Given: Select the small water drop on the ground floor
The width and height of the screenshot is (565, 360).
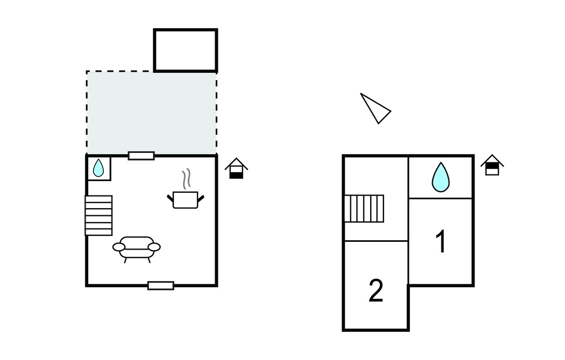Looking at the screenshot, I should point(98,168).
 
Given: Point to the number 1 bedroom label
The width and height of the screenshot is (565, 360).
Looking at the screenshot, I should point(440,242).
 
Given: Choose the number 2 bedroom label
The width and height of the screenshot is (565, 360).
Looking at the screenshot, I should point(376,290).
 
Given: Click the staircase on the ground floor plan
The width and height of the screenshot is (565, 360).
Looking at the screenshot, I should point(99,215).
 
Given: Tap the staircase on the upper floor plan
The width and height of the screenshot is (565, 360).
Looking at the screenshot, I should point(364,208).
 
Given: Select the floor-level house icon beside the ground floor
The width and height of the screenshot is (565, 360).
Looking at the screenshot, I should point(236,168).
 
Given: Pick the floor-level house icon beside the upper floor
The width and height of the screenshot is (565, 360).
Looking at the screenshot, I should point(492,165).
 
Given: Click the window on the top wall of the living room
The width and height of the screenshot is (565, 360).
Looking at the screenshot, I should point(141,156).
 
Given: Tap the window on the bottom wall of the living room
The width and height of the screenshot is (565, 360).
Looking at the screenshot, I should point(161,285).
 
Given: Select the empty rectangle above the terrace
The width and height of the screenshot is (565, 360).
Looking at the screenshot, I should point(185,50).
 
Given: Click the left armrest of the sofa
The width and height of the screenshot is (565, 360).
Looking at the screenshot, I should point(119,247).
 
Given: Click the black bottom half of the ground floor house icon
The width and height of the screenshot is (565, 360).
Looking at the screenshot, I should point(236,174).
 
